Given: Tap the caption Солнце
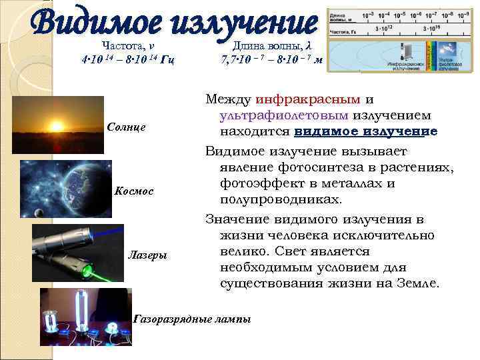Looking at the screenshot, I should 126,127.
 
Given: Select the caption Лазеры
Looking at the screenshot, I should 147,255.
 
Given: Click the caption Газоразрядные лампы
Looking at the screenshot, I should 193,319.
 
